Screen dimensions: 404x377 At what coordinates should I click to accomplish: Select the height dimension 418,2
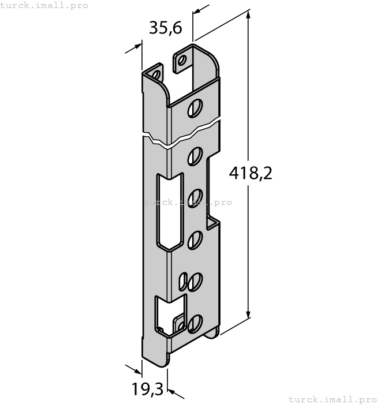pos(249,173)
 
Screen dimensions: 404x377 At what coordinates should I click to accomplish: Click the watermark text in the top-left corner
pos(44,5)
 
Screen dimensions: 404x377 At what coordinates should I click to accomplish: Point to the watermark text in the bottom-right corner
pos(331,399)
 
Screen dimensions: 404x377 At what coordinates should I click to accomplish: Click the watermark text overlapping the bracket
pos(187,202)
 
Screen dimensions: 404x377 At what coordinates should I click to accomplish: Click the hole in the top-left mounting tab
pos(156,74)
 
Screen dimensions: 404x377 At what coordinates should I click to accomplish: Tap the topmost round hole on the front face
pos(196,108)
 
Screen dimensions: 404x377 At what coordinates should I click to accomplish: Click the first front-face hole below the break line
pos(195,154)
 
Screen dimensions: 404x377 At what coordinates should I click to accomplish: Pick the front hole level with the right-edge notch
pos(195,238)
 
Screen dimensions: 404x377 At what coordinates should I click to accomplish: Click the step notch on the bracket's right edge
pos(213,222)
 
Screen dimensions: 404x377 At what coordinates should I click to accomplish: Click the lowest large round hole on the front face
pos(196,323)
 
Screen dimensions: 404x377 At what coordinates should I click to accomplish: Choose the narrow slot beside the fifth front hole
pos(183,282)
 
